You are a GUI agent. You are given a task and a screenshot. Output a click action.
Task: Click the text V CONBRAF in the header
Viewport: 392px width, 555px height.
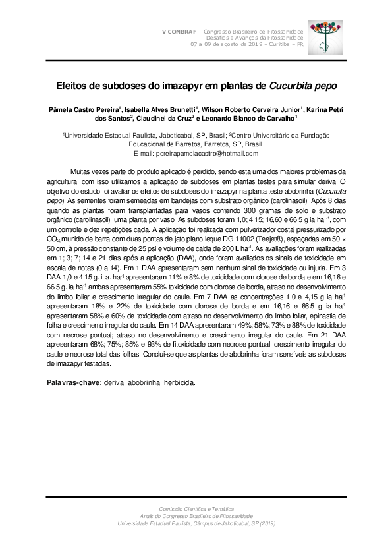pos(180,32)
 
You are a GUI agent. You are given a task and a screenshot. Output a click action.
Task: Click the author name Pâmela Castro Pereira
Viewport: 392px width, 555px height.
pos(82,109)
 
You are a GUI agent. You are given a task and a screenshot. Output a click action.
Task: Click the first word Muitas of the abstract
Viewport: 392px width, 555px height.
pos(80,170)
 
